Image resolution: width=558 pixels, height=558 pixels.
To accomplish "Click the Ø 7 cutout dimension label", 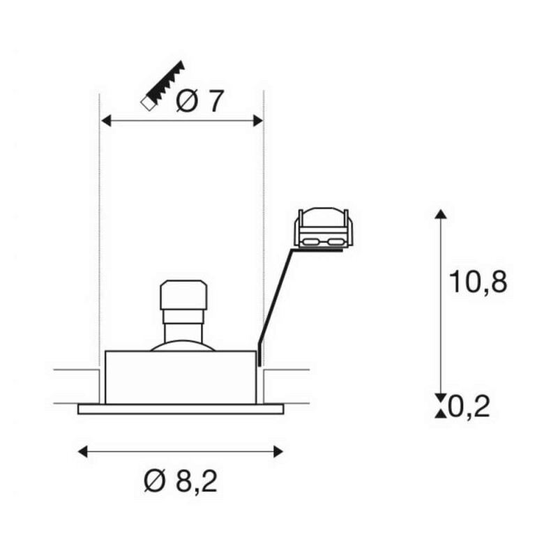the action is point(200,101).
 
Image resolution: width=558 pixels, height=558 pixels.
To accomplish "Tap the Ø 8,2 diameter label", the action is point(181,481).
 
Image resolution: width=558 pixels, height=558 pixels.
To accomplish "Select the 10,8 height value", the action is point(478,282).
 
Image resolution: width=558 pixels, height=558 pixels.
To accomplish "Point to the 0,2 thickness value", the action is point(469,406).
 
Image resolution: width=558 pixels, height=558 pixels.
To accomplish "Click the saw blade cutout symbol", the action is point(163,85).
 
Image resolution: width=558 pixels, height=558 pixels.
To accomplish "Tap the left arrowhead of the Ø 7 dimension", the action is point(107,121).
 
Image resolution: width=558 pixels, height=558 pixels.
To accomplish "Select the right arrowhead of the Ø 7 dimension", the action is point(257,121).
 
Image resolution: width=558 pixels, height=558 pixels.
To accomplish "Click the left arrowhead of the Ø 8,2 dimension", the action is point(83,452).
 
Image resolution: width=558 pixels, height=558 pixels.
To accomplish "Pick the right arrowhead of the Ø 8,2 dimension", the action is point(278,452).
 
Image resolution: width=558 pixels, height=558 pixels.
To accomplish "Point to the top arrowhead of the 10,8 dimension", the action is point(441,214).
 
